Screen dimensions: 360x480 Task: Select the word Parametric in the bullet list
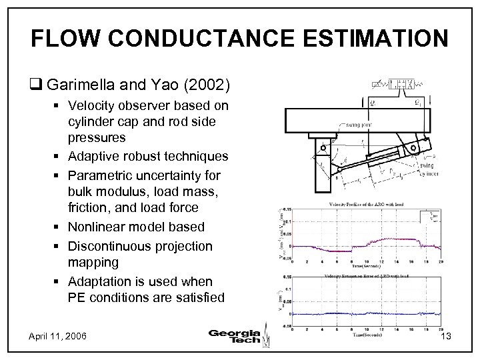coord(97,175)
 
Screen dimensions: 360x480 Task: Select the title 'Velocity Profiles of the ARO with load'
coord(367,204)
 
